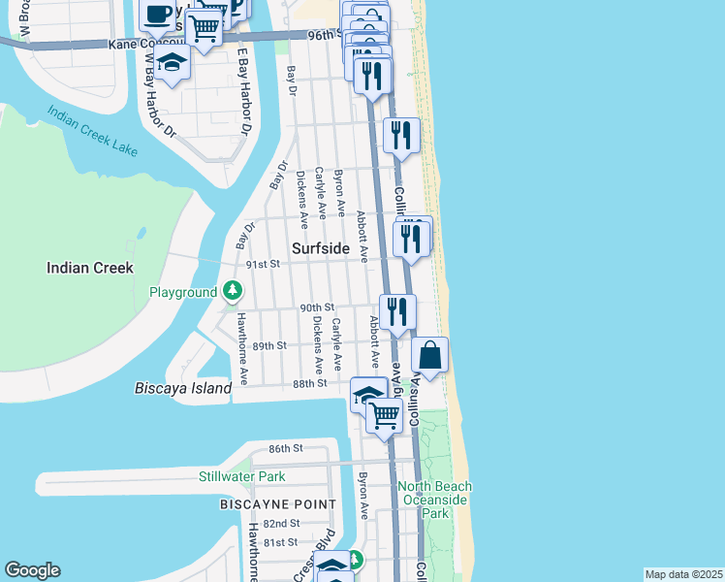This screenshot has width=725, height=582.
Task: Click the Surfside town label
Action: pyautogui.click(x=321, y=248)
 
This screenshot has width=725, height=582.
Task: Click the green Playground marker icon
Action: pyautogui.click(x=233, y=290)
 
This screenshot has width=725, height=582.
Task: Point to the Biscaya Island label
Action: pyautogui.click(x=182, y=388)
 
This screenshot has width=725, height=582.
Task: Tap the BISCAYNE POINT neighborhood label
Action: pyautogui.click(x=277, y=504)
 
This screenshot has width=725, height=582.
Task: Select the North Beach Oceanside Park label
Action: pyautogui.click(x=435, y=499)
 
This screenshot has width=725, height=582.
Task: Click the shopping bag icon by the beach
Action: pyautogui.click(x=430, y=355)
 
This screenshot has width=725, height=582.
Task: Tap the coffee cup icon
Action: pyautogui.click(x=158, y=15)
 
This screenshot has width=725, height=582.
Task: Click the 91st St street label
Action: pyautogui.click(x=262, y=264)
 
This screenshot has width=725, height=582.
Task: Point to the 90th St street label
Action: pyautogui.click(x=316, y=307)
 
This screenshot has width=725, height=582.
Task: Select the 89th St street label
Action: pyautogui.click(x=269, y=345)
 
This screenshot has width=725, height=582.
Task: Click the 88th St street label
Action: pyautogui.click(x=310, y=383)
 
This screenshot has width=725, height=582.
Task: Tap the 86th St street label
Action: pyautogui.click(x=286, y=448)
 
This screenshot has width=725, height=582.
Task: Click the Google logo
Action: pyautogui.click(x=32, y=570)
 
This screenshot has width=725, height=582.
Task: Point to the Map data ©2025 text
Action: pyautogui.click(x=683, y=574)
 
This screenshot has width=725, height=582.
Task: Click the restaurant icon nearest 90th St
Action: pyautogui.click(x=397, y=310)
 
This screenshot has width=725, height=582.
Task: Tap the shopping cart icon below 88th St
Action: pyautogui.click(x=385, y=416)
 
